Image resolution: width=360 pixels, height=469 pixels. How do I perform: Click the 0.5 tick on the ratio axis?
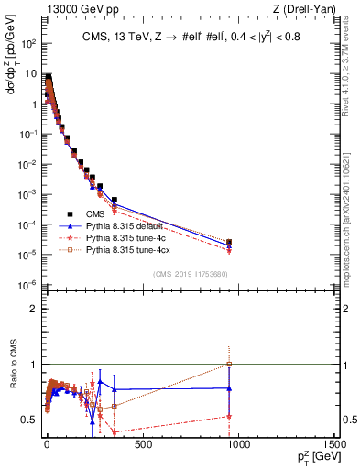click(30, 420)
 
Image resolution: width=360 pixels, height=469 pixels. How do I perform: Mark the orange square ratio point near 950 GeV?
click(229, 365)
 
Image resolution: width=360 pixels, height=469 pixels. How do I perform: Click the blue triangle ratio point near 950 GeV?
click(229, 388)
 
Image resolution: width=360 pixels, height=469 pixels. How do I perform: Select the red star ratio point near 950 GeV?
click(229, 416)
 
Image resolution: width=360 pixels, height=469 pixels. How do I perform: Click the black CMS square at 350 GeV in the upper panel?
click(115, 199)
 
